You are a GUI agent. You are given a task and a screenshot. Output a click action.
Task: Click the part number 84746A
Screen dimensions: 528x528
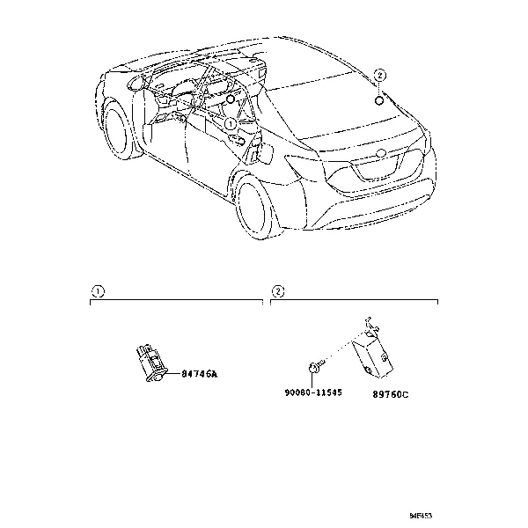coord(199,374)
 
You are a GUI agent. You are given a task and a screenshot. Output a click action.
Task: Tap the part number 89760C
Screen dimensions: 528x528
coord(390,393)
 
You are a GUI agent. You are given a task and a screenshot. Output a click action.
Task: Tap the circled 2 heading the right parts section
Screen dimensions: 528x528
coord(278,290)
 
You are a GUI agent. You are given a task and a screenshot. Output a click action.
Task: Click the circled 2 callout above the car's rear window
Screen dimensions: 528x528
coord(379,76)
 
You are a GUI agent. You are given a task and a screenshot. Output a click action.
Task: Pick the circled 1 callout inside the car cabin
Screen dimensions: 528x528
coord(230,126)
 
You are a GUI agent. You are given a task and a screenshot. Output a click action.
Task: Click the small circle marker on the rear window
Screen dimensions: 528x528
coord(379,99)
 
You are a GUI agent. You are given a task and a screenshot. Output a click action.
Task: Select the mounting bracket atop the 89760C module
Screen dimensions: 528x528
coord(370,327)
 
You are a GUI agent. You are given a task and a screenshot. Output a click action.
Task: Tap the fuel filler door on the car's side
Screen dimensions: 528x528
coord(260,154)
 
